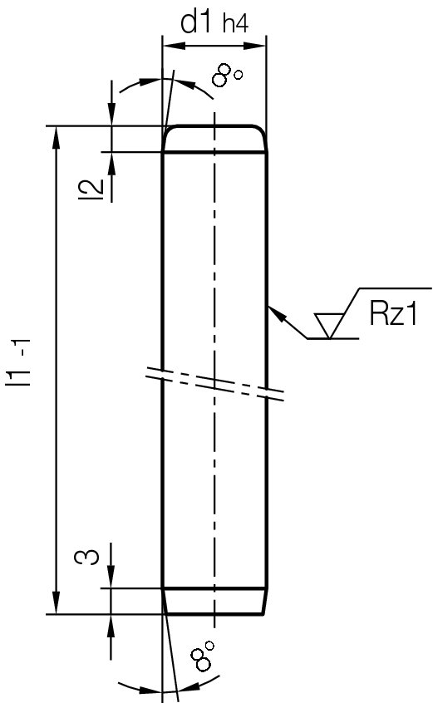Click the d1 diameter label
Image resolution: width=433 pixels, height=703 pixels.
pyautogui.click(x=199, y=22)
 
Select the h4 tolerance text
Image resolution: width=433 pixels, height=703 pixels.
pyautogui.click(x=235, y=25)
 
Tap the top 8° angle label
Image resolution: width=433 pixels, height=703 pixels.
pyautogui.click(x=226, y=77)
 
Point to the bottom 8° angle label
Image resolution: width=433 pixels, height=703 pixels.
pyautogui.click(x=203, y=656)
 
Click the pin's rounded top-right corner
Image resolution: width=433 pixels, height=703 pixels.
pyautogui.click(x=261, y=133)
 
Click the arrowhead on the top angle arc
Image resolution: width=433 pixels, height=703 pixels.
pyautogui.click(x=148, y=83)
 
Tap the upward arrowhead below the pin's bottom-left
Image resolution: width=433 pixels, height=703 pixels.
pyautogui.click(x=111, y=624)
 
